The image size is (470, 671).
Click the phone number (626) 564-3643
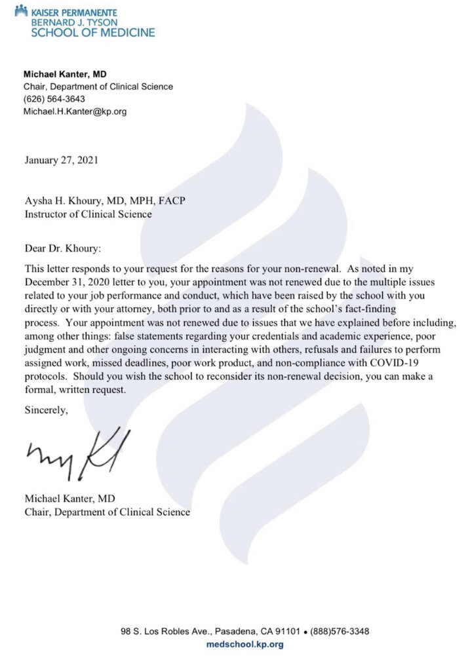point(54,99)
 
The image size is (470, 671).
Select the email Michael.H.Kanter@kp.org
point(75,111)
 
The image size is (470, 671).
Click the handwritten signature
point(78,451)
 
